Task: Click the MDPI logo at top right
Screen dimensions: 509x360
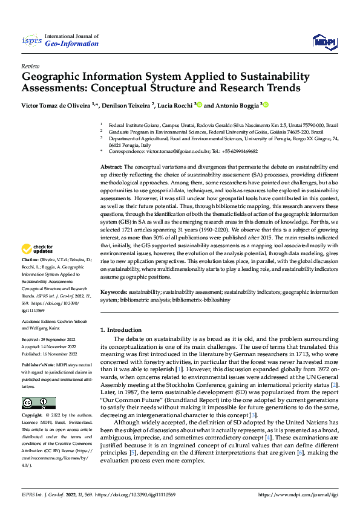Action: [324, 41]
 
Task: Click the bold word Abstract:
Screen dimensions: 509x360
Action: [111, 166]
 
